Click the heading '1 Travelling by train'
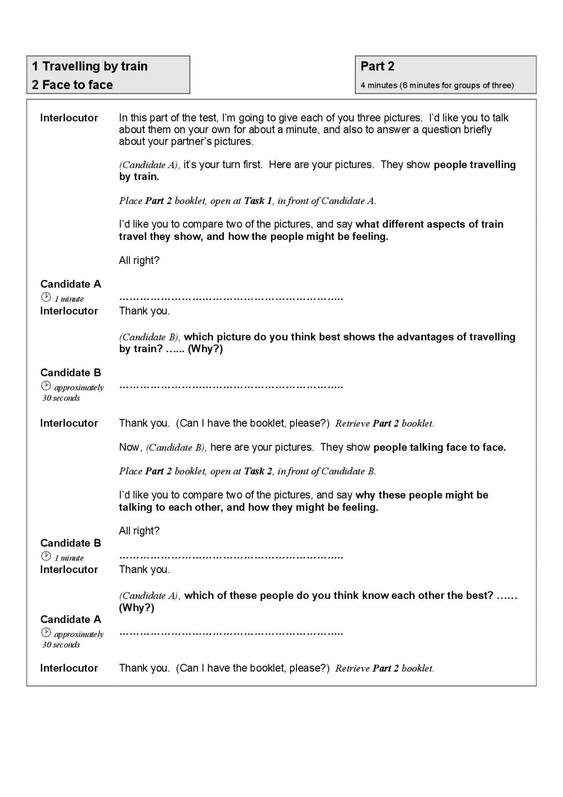coord(90,66)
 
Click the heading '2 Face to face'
coord(72,84)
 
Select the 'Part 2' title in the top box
coord(377,66)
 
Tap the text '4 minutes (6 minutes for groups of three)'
coord(437,85)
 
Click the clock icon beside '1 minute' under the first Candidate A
coord(46,297)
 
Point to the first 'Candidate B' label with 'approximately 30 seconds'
coord(70,373)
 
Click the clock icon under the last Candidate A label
coord(46,632)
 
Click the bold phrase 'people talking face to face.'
coord(439,447)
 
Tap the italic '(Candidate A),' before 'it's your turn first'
coord(150,165)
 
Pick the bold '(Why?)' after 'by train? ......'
coord(205,349)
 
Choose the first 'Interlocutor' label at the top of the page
coord(69,118)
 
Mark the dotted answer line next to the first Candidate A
coord(231,299)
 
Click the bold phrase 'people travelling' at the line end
coord(474,165)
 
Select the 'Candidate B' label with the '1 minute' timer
coord(70,543)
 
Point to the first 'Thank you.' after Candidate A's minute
coord(144,311)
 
